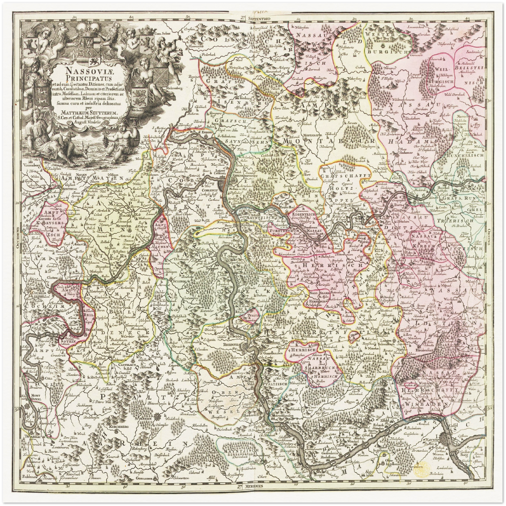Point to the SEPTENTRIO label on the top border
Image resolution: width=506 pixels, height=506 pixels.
(261, 17)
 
